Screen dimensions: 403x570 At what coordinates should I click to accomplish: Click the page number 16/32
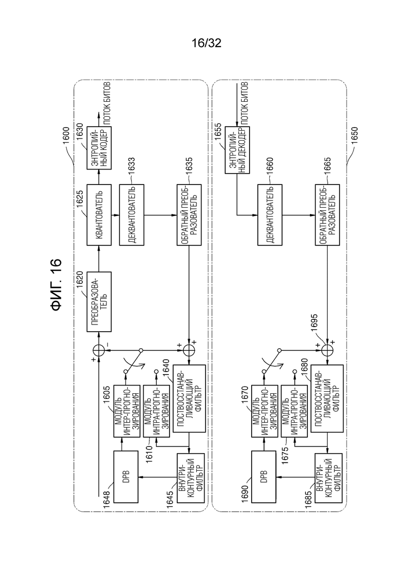(206, 43)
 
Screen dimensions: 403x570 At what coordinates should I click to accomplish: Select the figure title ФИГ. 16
(56, 285)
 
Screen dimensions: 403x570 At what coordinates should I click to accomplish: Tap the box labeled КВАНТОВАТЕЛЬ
(99, 215)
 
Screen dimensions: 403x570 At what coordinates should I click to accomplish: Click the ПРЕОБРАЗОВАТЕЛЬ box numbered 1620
(99, 301)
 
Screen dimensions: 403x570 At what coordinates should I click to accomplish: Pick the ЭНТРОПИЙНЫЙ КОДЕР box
(99, 148)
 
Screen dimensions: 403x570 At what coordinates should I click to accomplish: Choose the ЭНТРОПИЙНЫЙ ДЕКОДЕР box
(237, 150)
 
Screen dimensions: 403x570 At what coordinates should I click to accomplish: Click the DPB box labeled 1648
(126, 476)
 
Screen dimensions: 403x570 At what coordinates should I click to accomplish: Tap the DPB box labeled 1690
(264, 476)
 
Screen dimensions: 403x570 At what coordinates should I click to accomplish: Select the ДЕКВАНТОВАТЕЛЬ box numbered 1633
(132, 215)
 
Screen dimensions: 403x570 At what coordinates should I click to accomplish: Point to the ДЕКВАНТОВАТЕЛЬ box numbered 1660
(270, 215)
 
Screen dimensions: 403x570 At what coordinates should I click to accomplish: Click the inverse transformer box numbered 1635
(189, 215)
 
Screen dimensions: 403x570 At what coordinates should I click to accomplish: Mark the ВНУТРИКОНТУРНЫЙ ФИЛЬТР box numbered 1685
(328, 478)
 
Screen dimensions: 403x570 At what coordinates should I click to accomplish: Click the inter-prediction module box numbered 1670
(265, 411)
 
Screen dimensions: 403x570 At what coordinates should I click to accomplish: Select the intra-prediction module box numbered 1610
(157, 411)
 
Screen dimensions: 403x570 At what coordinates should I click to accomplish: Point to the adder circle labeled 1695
(328, 350)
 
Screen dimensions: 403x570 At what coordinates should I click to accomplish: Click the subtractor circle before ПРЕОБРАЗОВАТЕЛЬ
(99, 350)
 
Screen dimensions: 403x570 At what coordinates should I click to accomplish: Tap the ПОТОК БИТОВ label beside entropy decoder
(244, 102)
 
